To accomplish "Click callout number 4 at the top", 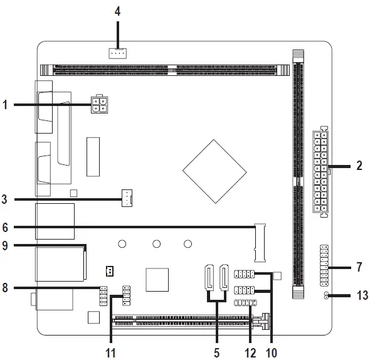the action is click(x=117, y=11).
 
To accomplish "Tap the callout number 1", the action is click(x=5, y=105).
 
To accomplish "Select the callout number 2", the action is click(x=359, y=166).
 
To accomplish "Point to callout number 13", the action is click(x=362, y=295).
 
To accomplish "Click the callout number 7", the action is click(x=359, y=267).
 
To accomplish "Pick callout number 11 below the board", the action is click(x=110, y=353).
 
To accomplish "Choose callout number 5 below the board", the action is click(x=216, y=353).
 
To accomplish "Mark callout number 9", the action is click(x=5, y=245).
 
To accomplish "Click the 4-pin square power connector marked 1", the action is click(x=99, y=105).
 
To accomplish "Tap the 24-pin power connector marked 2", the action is click(x=320, y=172).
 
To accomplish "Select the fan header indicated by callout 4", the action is click(x=117, y=53).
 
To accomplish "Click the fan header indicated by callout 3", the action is click(x=127, y=198).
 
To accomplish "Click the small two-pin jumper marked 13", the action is click(x=326, y=295).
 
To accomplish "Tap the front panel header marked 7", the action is click(x=324, y=265).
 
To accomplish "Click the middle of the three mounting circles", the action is click(x=156, y=244).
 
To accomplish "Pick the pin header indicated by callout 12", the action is click(x=245, y=303).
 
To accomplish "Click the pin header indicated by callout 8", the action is click(x=103, y=296).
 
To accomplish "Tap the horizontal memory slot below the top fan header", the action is click(x=165, y=70).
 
